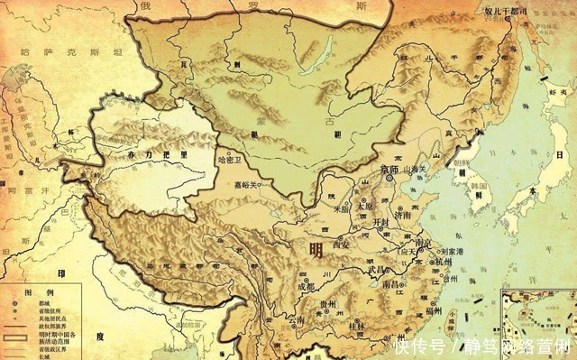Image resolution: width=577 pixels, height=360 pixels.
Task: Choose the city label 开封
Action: [380, 222]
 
